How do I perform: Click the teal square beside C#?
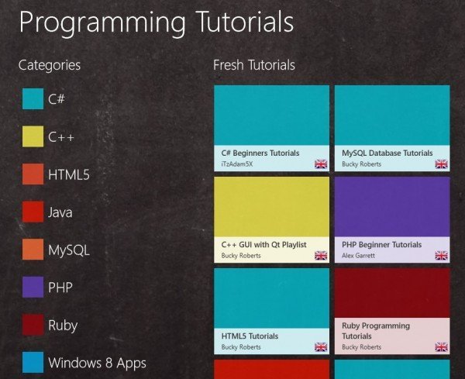[x=33, y=98]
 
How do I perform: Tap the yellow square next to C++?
[x=33, y=136]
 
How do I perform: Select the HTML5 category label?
[x=69, y=174]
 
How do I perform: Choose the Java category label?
[x=60, y=212]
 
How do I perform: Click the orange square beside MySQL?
[x=33, y=250]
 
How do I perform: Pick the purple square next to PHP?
[x=33, y=287]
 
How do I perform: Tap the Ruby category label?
[x=63, y=326]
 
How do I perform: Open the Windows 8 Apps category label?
[x=98, y=363]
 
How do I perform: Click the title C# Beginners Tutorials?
[x=260, y=153]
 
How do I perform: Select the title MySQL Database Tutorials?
[x=387, y=153]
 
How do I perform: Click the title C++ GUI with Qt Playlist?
[x=264, y=245]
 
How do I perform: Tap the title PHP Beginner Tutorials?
[x=381, y=245]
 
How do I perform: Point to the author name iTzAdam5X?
[x=237, y=164]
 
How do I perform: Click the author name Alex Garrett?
[x=358, y=255]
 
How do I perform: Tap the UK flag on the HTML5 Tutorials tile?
[x=321, y=346]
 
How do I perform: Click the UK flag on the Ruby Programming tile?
[x=441, y=346]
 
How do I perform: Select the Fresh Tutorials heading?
[x=254, y=65]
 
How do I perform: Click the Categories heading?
[x=50, y=65]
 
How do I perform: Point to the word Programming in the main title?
[x=102, y=22]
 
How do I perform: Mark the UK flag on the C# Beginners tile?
[x=321, y=164]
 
